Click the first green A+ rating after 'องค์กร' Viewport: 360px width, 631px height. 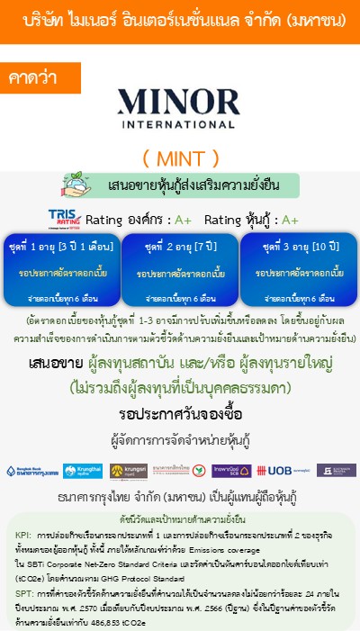(x=184, y=220)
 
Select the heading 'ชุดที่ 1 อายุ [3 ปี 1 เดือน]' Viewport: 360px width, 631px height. (x=61, y=245)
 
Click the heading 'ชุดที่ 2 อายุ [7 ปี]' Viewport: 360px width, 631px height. (x=180, y=245)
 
